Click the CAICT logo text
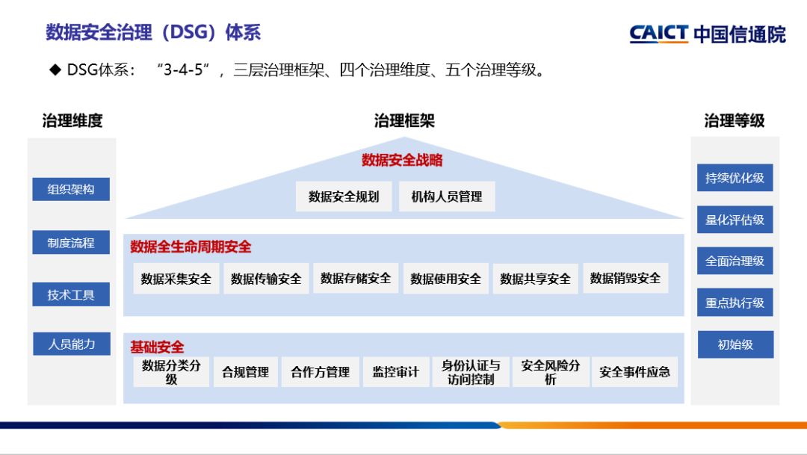(658, 33)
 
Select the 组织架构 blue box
(71, 189)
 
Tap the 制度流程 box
(71, 242)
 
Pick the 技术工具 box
(71, 294)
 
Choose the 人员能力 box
(72, 344)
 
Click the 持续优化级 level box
(735, 178)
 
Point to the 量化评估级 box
(735, 220)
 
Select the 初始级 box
(735, 344)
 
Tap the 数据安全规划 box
(344, 196)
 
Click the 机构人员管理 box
(447, 196)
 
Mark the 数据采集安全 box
(176, 279)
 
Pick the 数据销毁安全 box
(625, 279)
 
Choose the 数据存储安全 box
(356, 279)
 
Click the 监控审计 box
(396, 371)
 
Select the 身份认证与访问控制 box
(471, 371)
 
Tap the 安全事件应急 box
(634, 371)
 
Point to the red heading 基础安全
(157, 347)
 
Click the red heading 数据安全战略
(402, 160)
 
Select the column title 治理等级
(735, 120)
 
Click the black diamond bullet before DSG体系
(55, 69)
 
